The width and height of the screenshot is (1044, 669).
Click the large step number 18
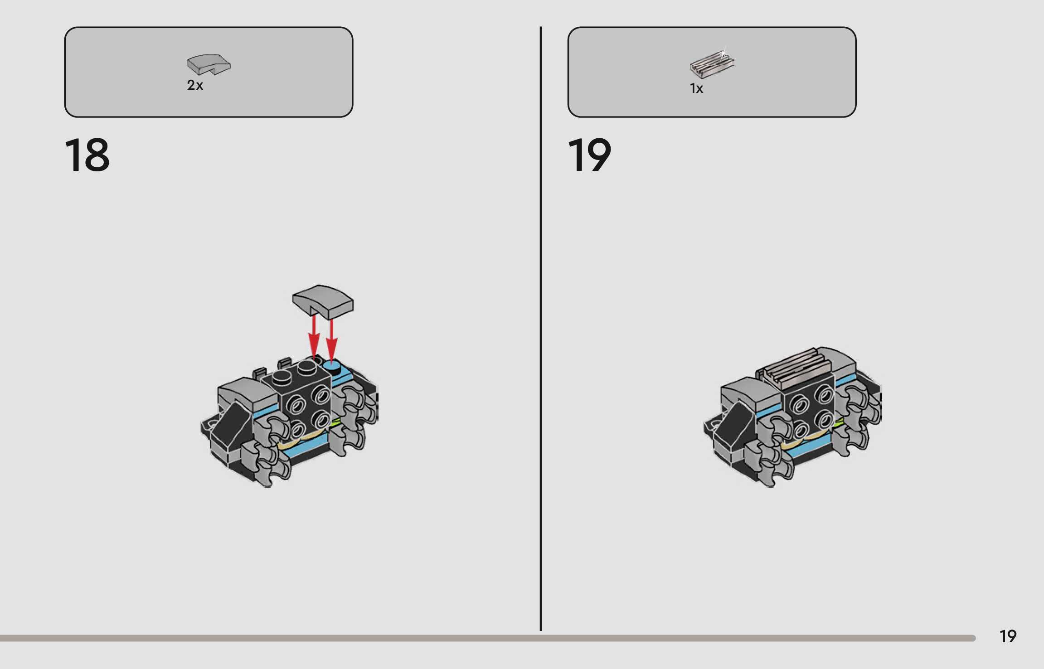pyautogui.click(x=87, y=155)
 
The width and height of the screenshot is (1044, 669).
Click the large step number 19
pyautogui.click(x=589, y=155)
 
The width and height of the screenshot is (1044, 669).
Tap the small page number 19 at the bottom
pyautogui.click(x=1008, y=636)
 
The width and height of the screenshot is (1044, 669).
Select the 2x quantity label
pyautogui.click(x=195, y=85)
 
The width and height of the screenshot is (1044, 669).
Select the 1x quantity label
pyautogui.click(x=696, y=88)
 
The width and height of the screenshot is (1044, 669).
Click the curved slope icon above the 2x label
pyautogui.click(x=209, y=64)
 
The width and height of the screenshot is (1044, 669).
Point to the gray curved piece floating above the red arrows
pyautogui.click(x=322, y=301)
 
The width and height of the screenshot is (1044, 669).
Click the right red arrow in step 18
pyautogui.click(x=332, y=340)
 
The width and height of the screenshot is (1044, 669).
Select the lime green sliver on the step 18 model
pyautogui.click(x=335, y=422)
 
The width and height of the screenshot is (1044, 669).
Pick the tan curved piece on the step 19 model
pyautogui.click(x=811, y=439)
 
